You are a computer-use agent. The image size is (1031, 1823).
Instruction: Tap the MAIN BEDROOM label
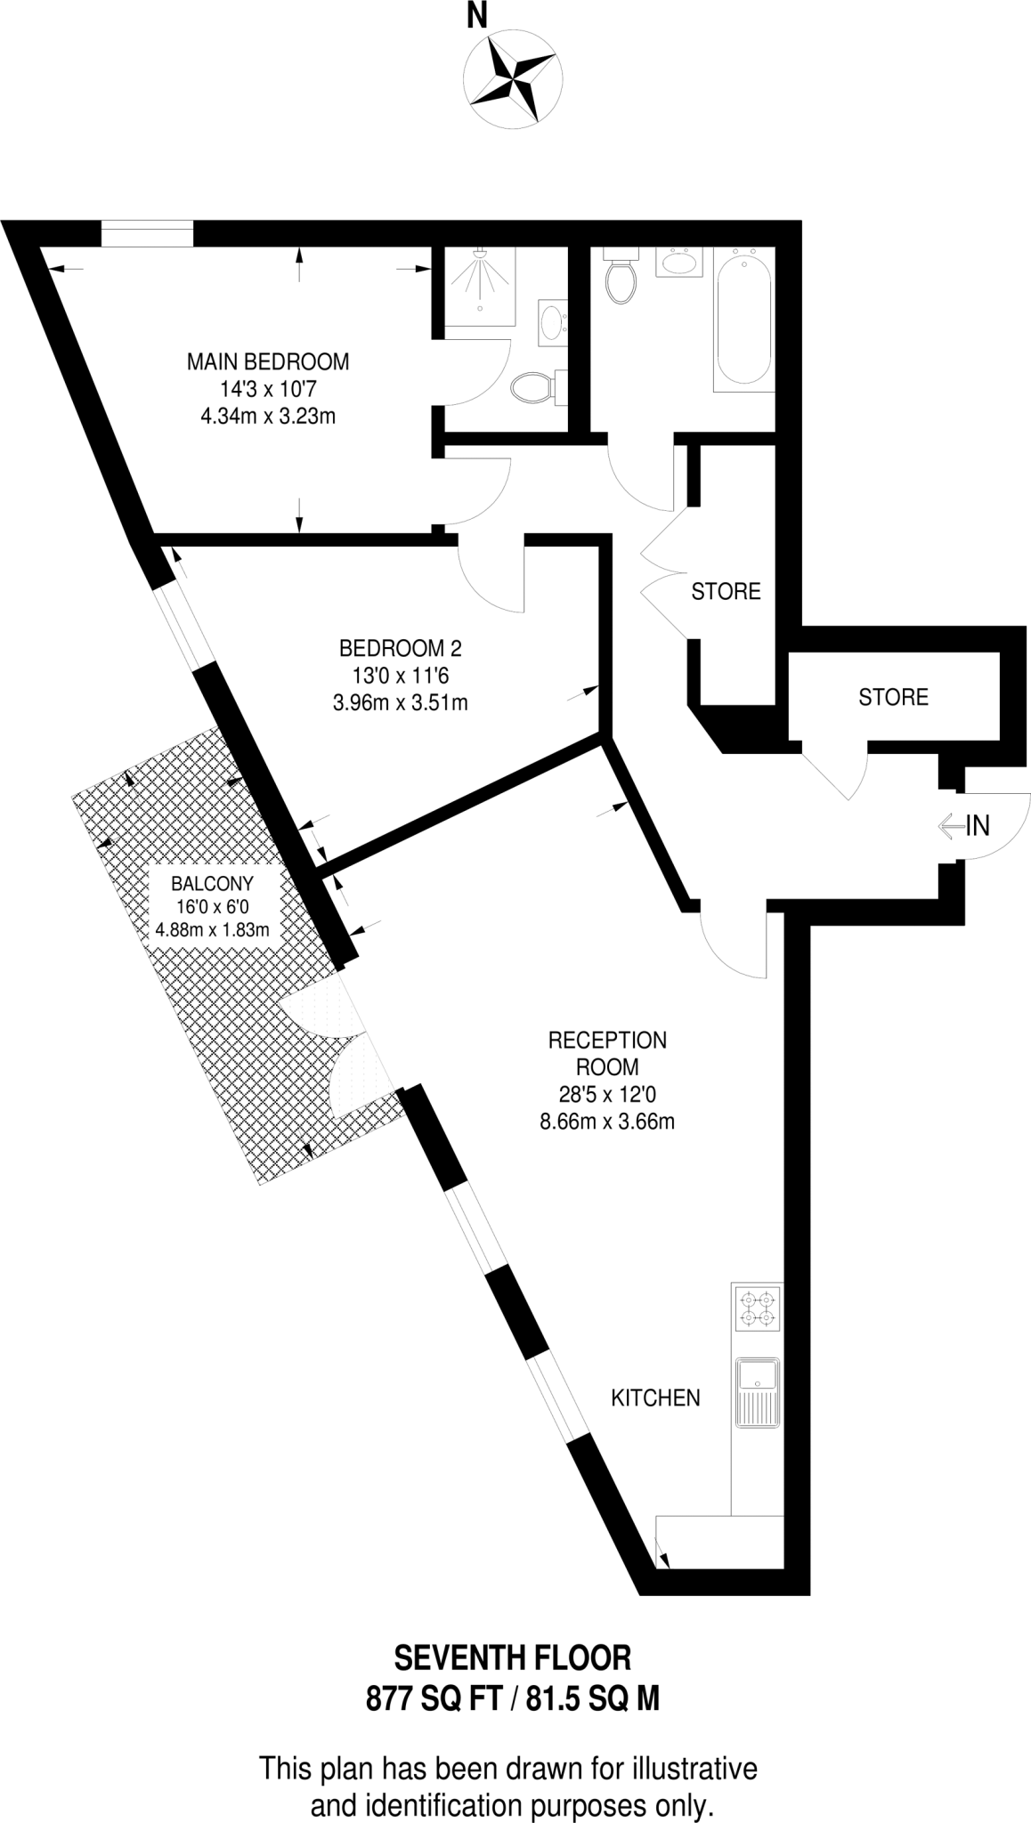point(267,362)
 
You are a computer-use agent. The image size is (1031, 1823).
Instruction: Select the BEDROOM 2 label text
point(400,647)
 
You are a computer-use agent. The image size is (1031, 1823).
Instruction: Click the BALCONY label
point(212,884)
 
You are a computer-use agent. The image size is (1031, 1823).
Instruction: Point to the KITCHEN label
point(655,1398)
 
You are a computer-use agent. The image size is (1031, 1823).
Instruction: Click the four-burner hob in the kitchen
point(757,1308)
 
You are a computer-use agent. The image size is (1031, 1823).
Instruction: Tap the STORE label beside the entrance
point(893,696)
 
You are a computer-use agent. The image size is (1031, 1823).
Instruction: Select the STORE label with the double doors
point(726,591)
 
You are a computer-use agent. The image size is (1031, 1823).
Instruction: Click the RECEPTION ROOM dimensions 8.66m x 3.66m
point(607,1122)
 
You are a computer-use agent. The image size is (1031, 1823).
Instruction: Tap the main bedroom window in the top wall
point(147,234)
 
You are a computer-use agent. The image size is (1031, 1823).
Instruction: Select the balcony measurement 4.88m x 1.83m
point(212,930)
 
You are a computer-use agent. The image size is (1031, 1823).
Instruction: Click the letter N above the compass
point(478,15)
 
